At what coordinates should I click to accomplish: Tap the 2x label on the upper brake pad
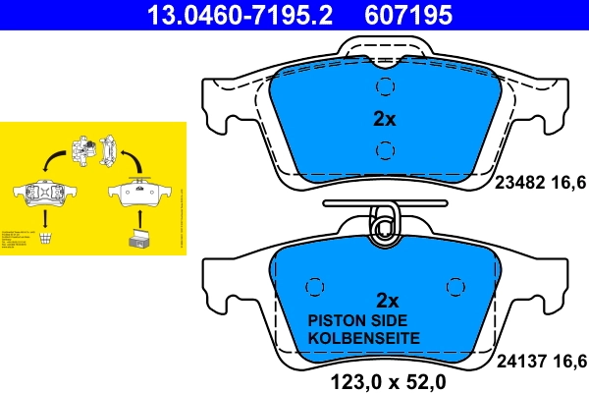point(384,119)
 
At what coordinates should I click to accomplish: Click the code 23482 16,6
point(539,181)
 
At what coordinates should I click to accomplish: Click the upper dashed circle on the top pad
point(385,87)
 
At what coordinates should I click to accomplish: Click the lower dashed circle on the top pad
point(385,149)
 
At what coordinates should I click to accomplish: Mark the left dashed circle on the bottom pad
point(314,286)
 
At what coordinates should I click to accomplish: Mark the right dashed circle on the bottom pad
point(455,286)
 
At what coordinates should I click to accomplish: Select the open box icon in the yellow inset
point(136,236)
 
